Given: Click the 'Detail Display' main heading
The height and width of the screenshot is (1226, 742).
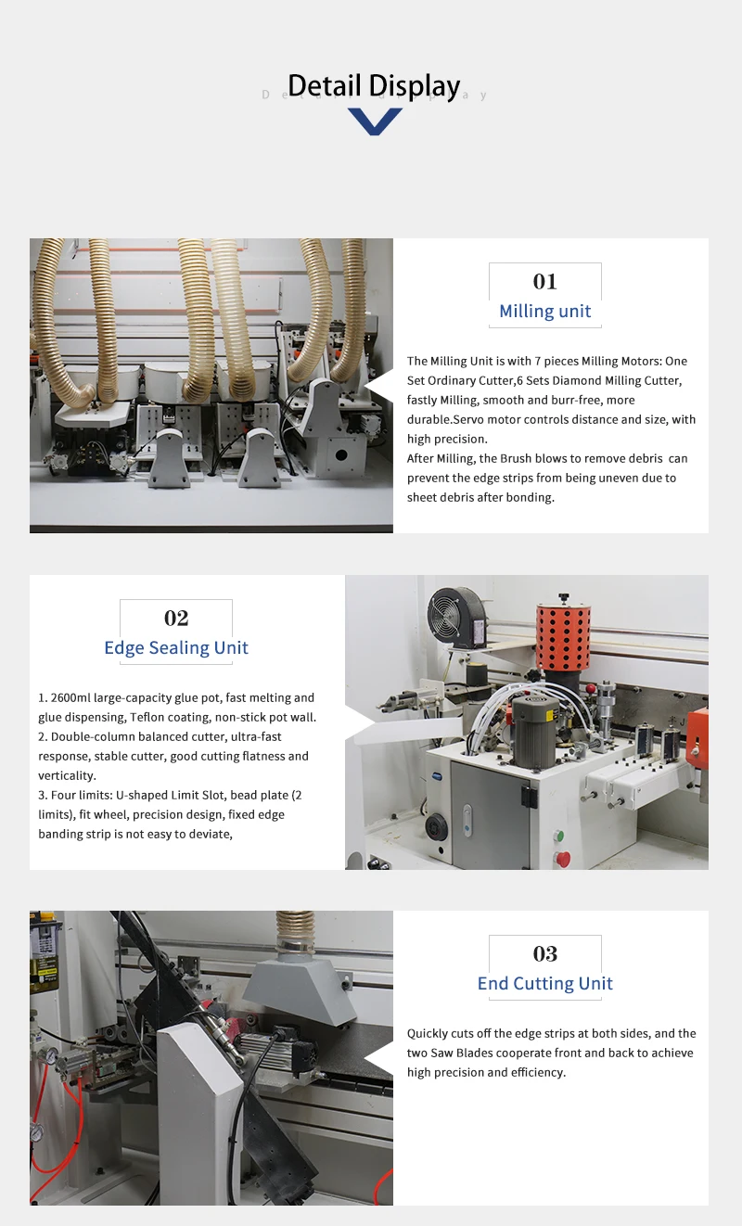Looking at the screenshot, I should (374, 85).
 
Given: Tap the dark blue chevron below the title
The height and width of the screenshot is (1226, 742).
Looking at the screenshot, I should (375, 121).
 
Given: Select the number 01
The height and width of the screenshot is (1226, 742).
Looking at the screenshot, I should (544, 282).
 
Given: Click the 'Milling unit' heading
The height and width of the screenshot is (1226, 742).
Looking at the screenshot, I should (544, 312).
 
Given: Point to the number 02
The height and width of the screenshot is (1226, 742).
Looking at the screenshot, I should (176, 619).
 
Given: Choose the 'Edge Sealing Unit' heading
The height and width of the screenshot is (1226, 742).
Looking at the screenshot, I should (176, 648).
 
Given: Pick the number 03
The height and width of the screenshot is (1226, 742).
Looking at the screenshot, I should (544, 954).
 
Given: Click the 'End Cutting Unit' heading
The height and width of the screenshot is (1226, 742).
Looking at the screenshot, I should (544, 984).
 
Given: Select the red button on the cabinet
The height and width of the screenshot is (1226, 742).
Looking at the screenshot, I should (563, 859).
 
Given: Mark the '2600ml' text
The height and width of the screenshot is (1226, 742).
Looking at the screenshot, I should (70, 697).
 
